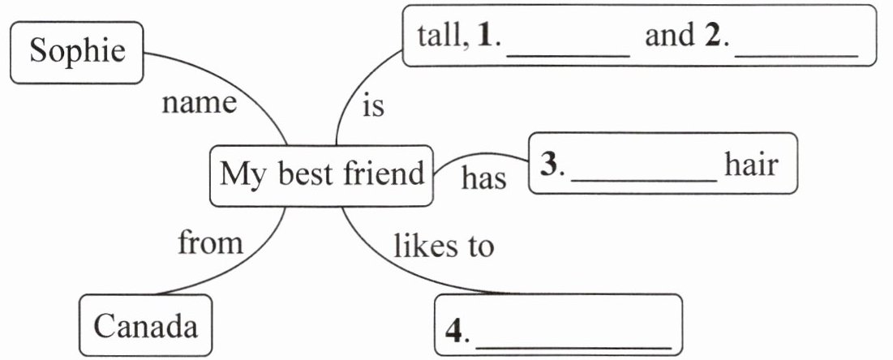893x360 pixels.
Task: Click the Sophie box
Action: pos(77,52)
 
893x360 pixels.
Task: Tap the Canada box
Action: pos(145,327)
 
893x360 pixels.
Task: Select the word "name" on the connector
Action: pos(199,104)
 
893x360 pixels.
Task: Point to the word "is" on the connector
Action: pos(372,106)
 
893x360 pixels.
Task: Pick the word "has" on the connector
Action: pos(483,178)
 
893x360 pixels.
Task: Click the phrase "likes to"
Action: pos(443,246)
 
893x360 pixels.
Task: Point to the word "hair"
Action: pos(751,165)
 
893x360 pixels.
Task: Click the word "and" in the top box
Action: pos(669,36)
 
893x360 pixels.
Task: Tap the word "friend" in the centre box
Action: pos(383,173)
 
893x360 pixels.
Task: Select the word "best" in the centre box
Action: pos(307,173)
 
